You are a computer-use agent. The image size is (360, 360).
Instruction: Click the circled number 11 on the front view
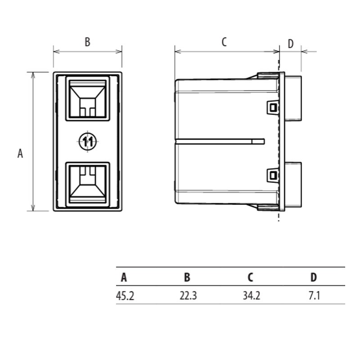[87, 141]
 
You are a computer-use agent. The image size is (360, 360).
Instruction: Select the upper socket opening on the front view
[87, 98]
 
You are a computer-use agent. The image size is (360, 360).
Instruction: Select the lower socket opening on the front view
[87, 184]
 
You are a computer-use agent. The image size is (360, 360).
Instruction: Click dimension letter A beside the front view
[20, 153]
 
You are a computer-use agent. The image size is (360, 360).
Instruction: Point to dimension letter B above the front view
[87, 42]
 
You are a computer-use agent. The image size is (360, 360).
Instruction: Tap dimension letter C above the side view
[224, 42]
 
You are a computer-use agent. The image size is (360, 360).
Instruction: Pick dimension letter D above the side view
[291, 44]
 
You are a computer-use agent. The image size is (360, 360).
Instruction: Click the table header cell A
[124, 277]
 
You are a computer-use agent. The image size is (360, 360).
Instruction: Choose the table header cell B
[187, 277]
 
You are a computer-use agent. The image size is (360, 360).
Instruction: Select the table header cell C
[250, 277]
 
